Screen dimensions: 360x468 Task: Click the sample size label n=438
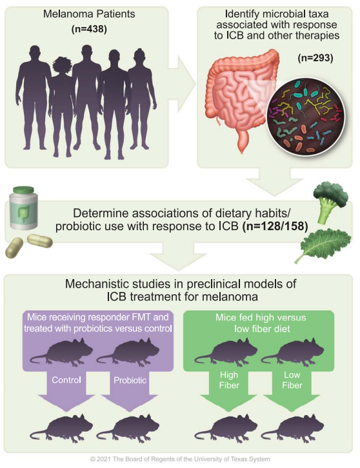[89, 29]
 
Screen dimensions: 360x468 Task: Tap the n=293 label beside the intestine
[315, 57]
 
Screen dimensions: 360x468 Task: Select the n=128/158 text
[275, 226]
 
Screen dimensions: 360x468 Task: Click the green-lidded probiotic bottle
[24, 208]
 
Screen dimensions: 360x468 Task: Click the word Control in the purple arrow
[66, 380]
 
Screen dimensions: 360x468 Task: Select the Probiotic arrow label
[130, 380]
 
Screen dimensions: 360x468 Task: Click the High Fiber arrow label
[229, 380]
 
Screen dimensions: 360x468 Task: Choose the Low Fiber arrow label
[292, 380]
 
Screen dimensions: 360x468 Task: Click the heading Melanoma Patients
[89, 14]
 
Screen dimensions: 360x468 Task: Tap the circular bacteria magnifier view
[305, 117]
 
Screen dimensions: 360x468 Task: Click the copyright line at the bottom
[180, 459]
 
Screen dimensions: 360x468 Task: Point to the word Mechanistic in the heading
[97, 284]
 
